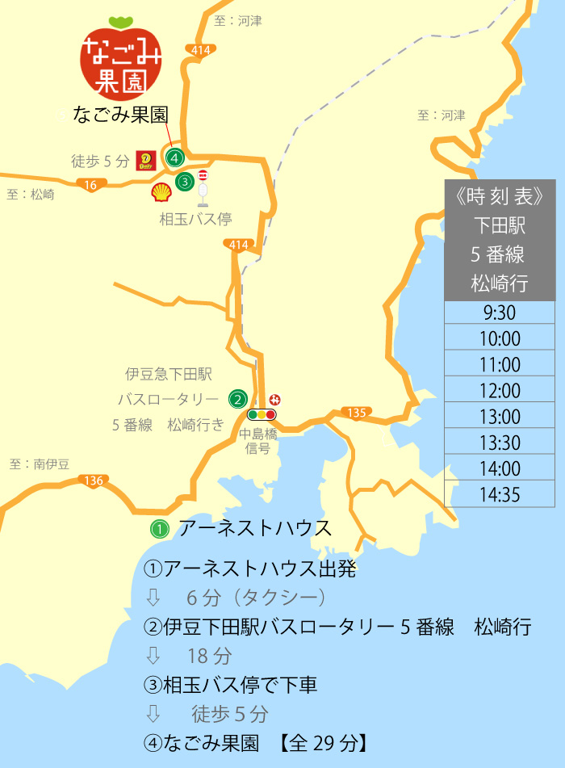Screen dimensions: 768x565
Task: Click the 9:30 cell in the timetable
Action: [500, 313]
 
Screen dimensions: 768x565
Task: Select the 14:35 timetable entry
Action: [500, 494]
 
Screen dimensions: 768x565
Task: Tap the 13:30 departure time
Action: [500, 443]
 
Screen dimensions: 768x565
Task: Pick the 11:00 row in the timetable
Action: [500, 365]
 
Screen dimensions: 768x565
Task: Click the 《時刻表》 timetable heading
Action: [500, 195]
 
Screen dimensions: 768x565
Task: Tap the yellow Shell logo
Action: [161, 192]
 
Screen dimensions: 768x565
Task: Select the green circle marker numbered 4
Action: [175, 157]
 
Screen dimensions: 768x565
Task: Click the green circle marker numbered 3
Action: [185, 182]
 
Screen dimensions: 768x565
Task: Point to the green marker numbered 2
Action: [237, 398]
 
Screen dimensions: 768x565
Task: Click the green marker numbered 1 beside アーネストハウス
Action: [160, 530]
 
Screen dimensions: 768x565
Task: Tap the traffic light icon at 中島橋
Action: [262, 415]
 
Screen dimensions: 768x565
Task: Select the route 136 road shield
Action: [94, 481]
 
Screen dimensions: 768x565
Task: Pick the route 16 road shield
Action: [90, 185]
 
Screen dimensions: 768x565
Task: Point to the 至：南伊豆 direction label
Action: [40, 464]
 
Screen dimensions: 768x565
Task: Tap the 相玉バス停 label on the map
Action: [195, 219]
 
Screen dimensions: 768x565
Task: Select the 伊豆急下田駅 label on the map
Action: [168, 374]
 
